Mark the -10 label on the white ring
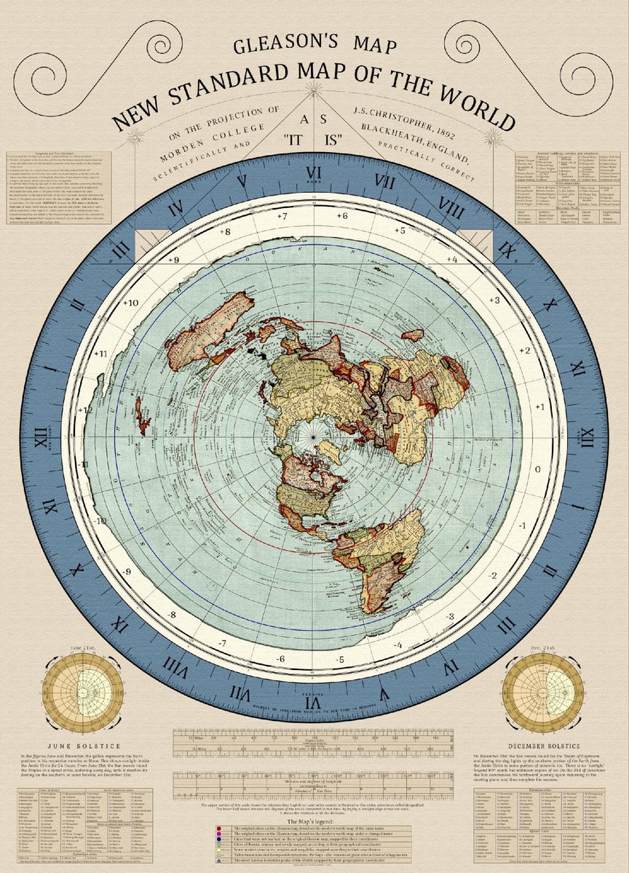tap(100, 521)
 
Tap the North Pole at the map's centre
tap(314, 436)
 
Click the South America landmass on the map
tap(379, 560)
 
